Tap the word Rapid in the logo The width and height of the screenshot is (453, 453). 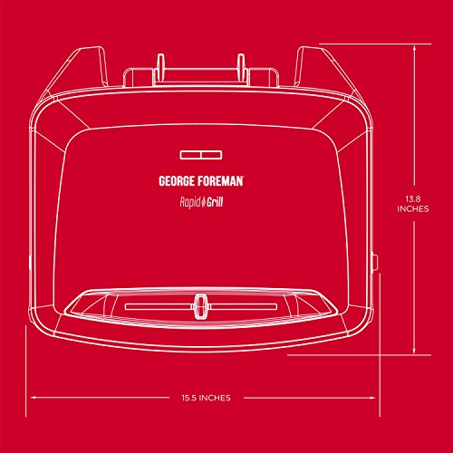click(190, 202)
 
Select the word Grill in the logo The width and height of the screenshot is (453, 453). click(215, 202)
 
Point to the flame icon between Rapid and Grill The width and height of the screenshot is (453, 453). click(204, 201)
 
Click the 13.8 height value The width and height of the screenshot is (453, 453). click(413, 199)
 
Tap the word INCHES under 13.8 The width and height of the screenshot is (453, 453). click(413, 209)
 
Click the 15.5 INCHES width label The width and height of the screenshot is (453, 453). click(206, 398)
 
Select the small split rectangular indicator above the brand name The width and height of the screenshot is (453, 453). click(201, 155)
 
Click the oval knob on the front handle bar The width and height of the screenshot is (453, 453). click(199, 306)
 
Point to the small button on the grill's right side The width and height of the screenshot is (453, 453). click(375, 262)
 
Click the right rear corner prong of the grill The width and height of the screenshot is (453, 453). click(311, 65)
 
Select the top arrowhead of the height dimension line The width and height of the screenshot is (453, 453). click(414, 48)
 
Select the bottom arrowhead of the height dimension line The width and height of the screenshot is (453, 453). click(414, 351)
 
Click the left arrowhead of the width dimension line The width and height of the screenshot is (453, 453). click(34, 398)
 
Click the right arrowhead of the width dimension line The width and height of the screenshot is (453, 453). click(371, 398)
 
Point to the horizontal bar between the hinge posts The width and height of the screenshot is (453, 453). click(201, 75)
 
